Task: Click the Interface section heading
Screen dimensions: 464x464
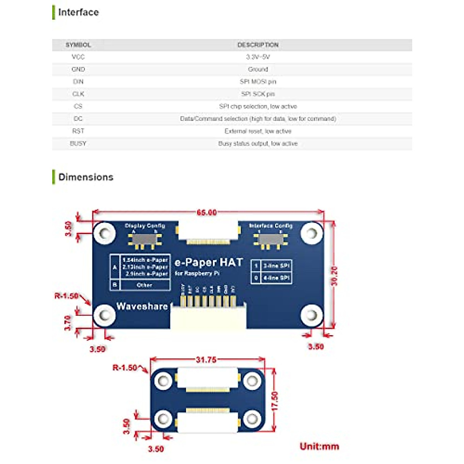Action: (78, 12)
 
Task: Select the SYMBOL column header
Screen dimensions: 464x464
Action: (78, 45)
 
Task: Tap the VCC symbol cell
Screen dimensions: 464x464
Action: (78, 57)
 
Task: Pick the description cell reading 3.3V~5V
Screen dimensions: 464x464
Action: (258, 57)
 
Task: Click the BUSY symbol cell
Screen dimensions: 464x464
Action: (78, 143)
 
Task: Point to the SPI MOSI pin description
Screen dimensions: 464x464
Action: (258, 82)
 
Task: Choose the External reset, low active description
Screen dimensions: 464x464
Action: (258, 131)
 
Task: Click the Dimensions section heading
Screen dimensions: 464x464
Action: (85, 177)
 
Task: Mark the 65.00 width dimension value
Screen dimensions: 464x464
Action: (206, 212)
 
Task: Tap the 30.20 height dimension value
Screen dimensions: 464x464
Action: (334, 276)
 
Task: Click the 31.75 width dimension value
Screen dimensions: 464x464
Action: (206, 360)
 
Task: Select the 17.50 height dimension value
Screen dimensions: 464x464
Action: (275, 401)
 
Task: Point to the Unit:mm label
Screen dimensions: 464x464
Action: (319, 446)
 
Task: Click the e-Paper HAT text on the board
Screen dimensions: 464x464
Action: (208, 263)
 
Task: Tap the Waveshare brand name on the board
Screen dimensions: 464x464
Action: (142, 306)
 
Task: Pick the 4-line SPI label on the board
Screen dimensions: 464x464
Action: (276, 278)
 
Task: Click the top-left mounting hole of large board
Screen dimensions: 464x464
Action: (104, 233)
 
